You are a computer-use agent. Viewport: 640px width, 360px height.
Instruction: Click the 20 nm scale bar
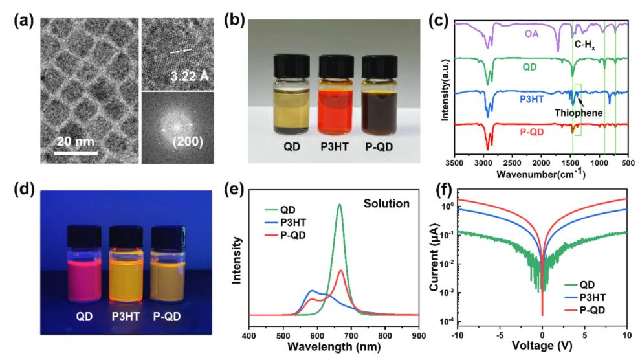pos(76,153)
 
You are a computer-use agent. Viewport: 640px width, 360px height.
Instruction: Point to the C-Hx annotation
pos(586,45)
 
